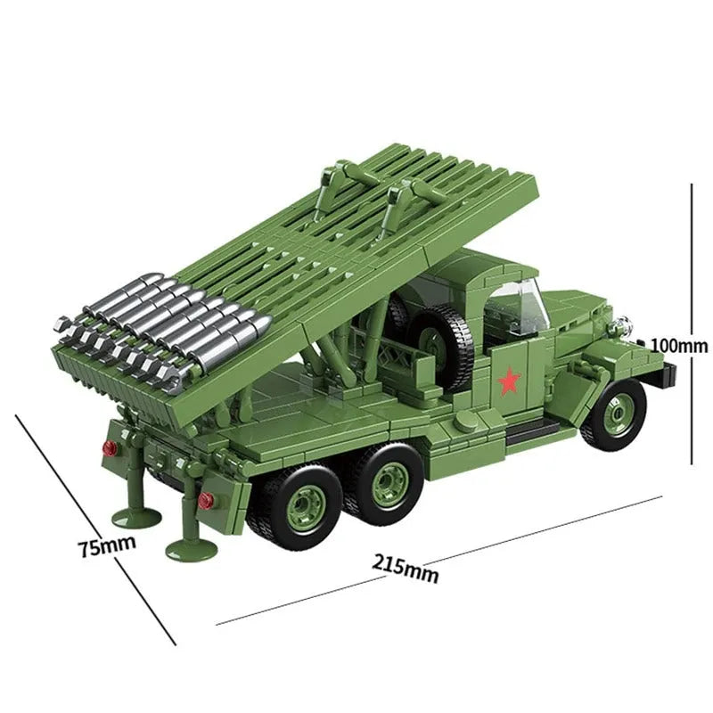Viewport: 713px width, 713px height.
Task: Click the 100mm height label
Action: pyautogui.click(x=678, y=345)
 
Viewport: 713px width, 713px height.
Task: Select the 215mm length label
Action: pyautogui.click(x=406, y=569)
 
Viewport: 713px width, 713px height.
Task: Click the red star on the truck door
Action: pyautogui.click(x=509, y=381)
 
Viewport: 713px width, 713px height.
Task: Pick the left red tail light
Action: pyautogui.click(x=111, y=447)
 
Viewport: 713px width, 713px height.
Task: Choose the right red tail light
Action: pyautogui.click(x=206, y=499)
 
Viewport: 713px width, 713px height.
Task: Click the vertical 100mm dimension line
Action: pyautogui.click(x=693, y=267)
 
